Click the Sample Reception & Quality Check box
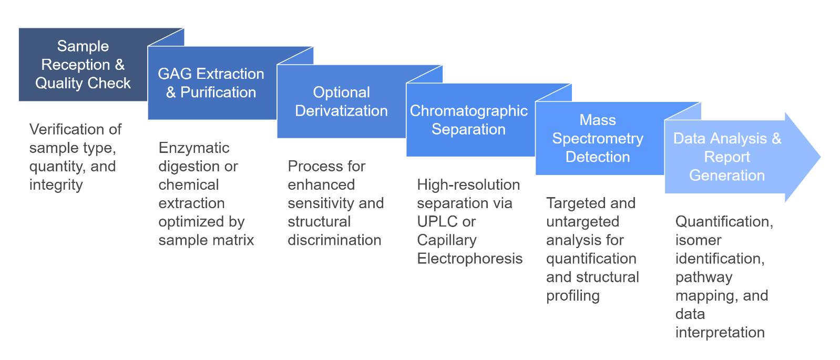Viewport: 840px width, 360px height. (83, 65)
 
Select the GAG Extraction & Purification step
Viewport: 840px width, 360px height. (211, 83)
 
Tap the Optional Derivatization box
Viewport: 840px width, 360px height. (341, 101)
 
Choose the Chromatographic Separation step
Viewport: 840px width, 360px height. (468, 120)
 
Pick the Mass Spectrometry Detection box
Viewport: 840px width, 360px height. (598, 138)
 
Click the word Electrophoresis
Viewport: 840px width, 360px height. (469, 259)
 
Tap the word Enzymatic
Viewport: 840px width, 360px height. (193, 148)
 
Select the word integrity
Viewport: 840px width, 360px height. (56, 185)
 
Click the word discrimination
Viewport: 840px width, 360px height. (334, 240)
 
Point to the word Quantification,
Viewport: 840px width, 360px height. (724, 222)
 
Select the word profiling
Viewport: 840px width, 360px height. (572, 295)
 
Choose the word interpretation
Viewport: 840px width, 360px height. (720, 333)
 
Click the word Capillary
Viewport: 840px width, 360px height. (446, 240)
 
